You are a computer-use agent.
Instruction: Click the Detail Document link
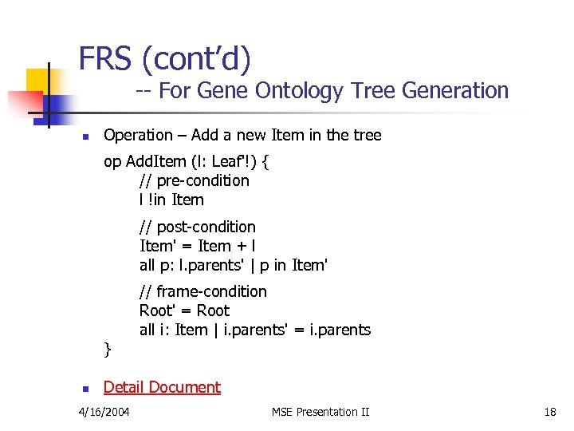(x=162, y=387)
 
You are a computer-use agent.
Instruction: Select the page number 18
(x=550, y=412)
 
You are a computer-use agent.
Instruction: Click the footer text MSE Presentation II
(x=320, y=412)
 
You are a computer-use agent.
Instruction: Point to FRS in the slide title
(x=105, y=59)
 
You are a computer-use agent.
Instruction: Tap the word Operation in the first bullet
(x=138, y=135)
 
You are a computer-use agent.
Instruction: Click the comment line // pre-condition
(x=194, y=180)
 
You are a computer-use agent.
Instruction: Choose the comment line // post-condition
(x=197, y=227)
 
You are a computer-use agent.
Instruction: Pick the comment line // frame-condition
(x=202, y=291)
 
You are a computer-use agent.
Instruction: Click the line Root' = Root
(x=184, y=310)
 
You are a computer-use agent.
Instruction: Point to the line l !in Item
(x=171, y=200)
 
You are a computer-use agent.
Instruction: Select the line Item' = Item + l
(x=197, y=246)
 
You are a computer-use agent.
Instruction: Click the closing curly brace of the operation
(x=108, y=349)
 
